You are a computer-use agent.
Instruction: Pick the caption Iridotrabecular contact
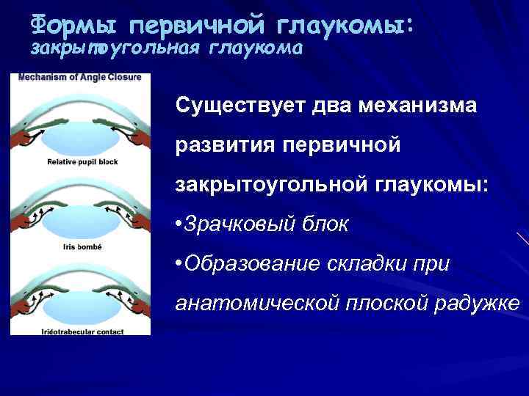point(81,332)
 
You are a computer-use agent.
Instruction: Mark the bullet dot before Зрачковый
point(180,224)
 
